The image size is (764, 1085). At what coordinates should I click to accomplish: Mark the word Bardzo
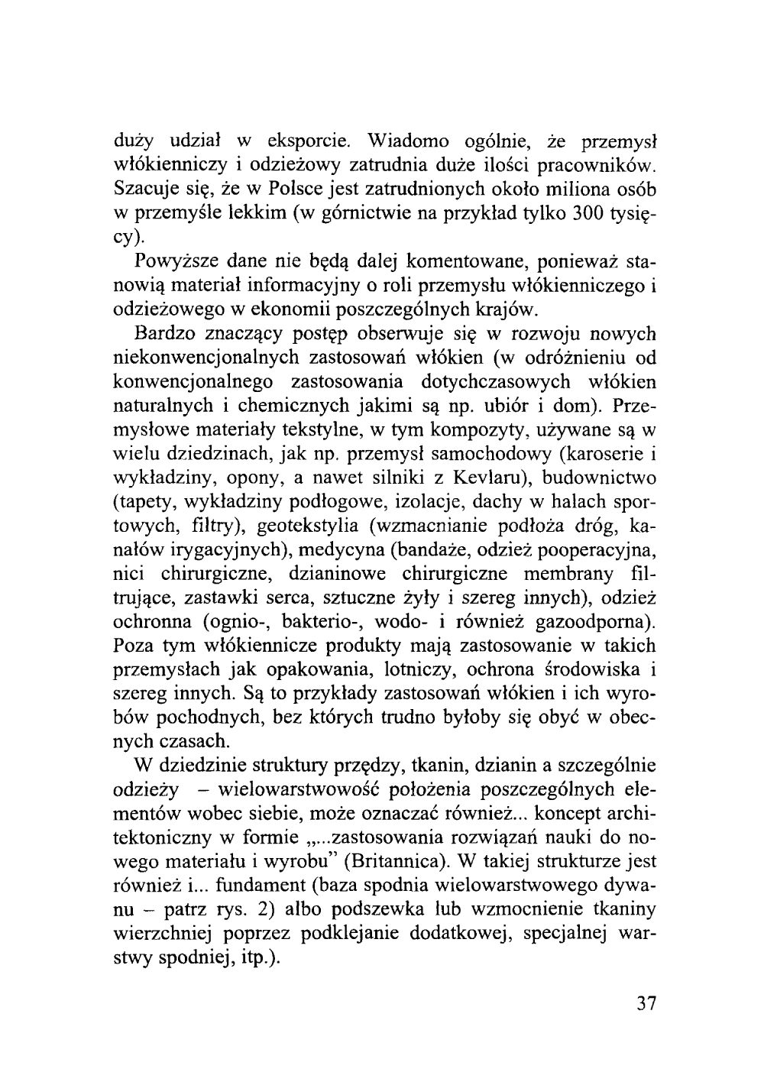point(163,334)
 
